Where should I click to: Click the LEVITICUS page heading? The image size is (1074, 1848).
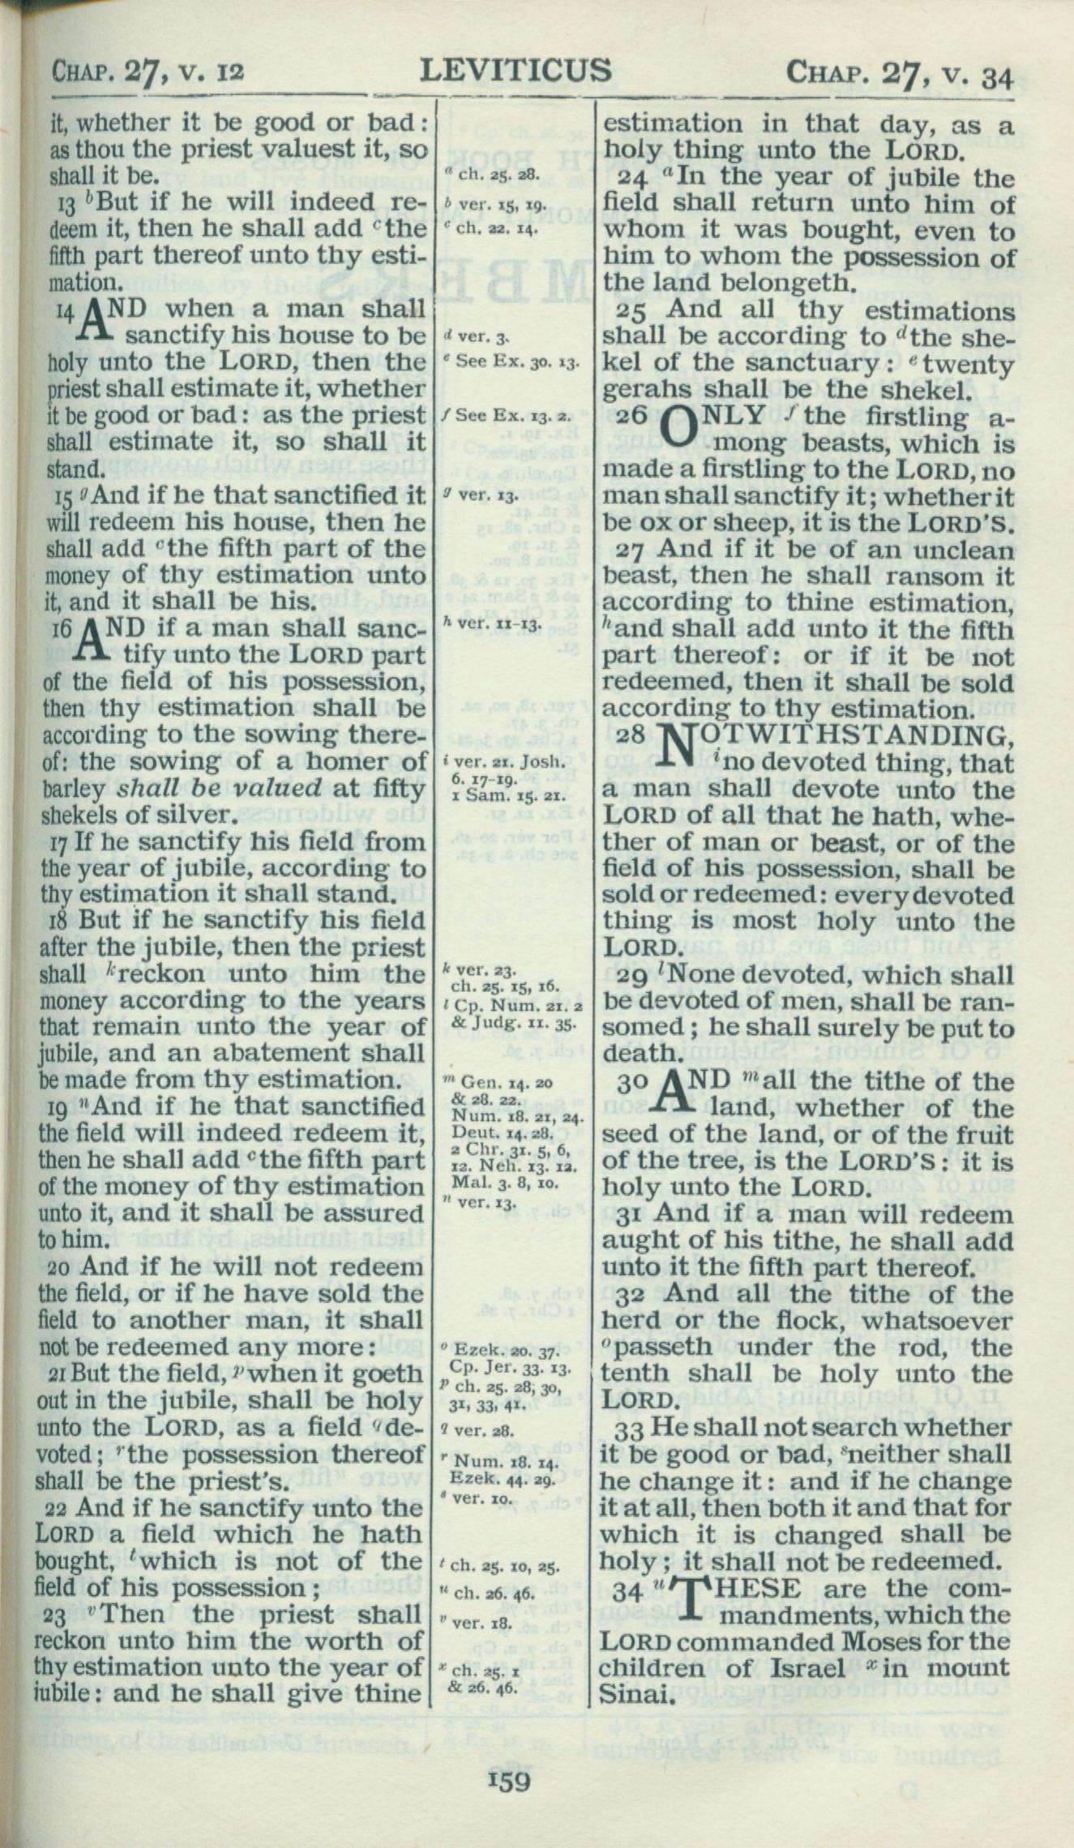pos(516,71)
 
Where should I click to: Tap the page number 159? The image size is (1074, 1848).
pos(508,1779)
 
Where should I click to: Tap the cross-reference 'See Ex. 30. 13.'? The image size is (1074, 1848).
pos(517,361)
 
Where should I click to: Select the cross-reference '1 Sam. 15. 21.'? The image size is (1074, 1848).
pos(496,795)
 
